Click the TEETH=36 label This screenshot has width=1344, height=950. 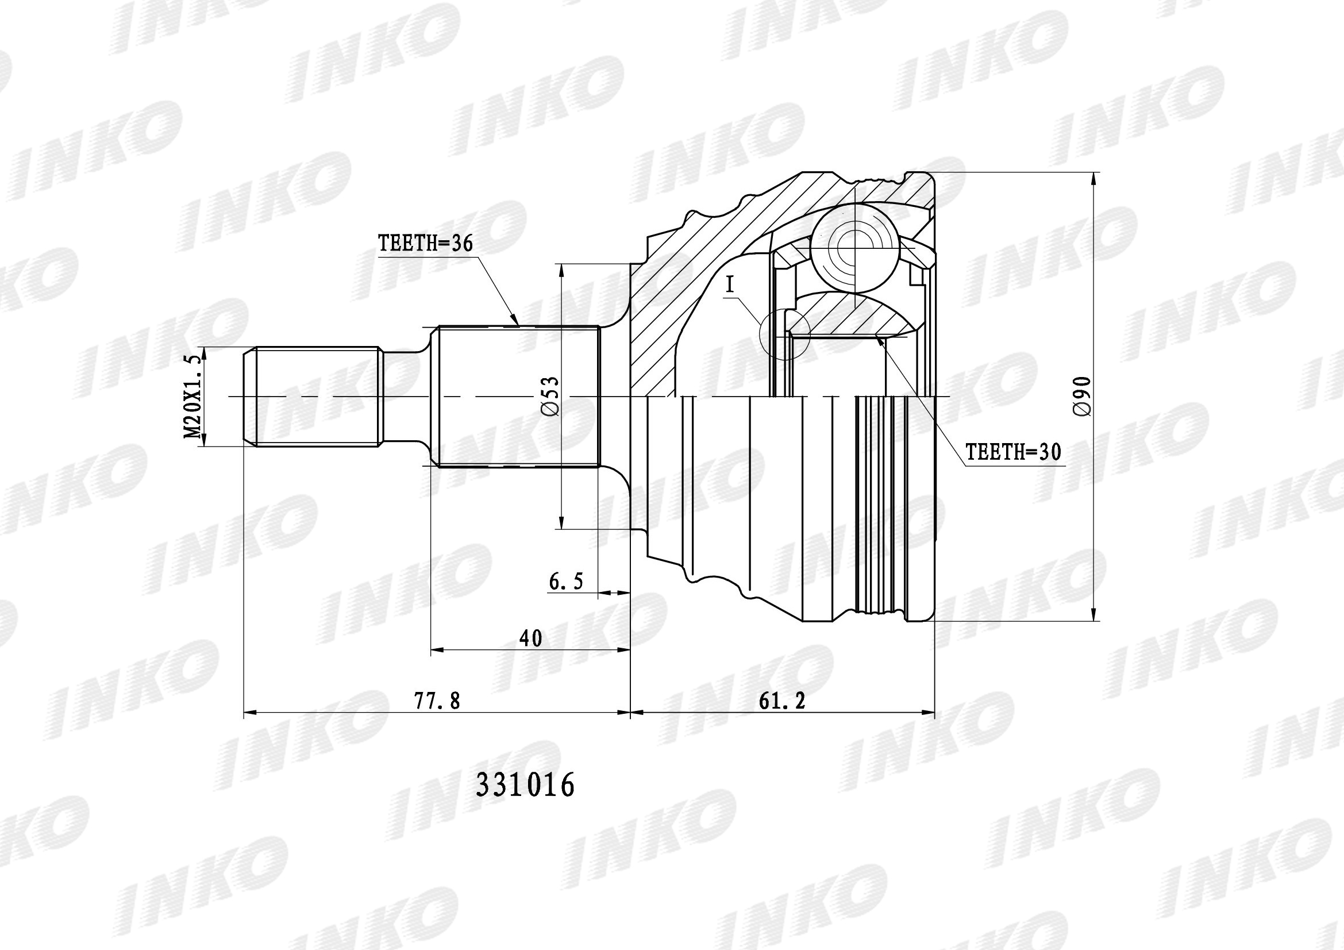click(x=425, y=243)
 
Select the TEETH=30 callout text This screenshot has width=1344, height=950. click(x=1012, y=452)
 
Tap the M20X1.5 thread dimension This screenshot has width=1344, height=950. click(x=194, y=397)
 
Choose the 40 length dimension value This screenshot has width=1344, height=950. click(x=530, y=638)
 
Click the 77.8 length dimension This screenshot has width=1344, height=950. click(x=437, y=701)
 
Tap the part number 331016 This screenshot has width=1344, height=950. click(x=525, y=786)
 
